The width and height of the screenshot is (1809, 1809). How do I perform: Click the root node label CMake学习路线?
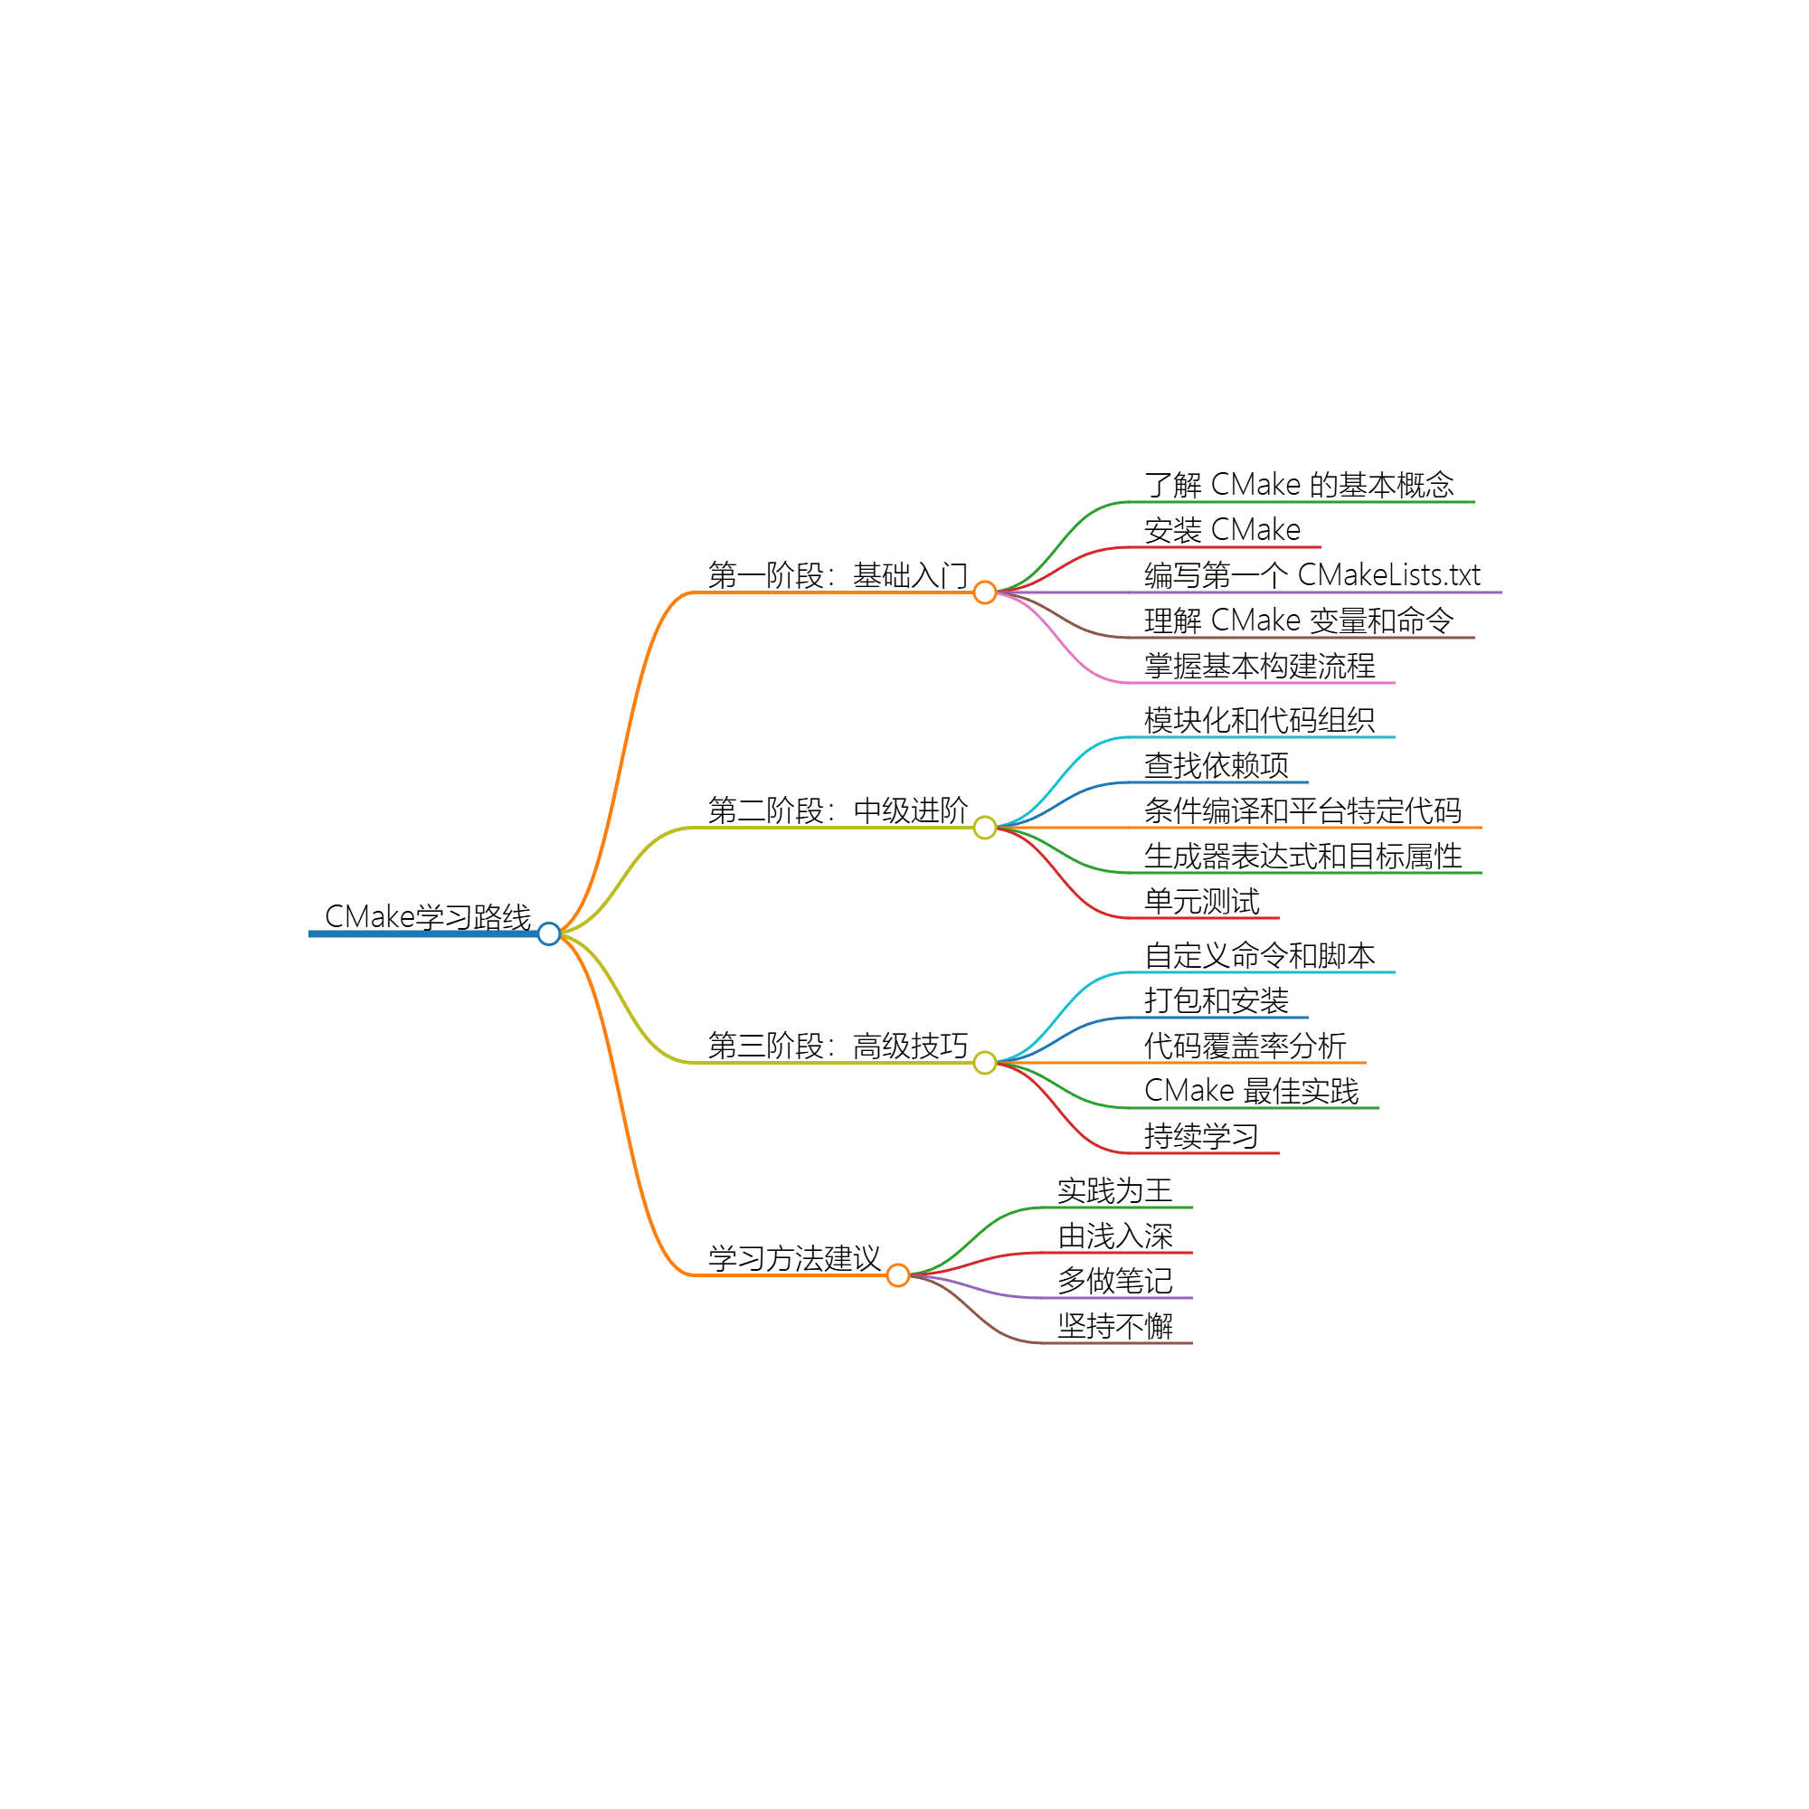point(427,916)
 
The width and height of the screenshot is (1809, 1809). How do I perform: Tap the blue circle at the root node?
point(550,933)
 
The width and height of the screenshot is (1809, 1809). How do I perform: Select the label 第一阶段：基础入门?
point(837,575)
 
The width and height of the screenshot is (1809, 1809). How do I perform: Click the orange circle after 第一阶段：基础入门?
point(984,592)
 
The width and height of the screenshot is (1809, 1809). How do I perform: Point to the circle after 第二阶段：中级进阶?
point(984,827)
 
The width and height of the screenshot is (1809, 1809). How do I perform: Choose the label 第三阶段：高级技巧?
point(837,1045)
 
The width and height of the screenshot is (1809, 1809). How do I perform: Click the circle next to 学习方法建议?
point(897,1274)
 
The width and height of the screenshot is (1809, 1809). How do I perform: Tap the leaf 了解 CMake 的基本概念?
point(1298,485)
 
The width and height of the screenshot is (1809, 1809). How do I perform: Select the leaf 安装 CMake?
point(1222,530)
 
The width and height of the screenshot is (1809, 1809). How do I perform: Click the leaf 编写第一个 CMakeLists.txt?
point(1311,575)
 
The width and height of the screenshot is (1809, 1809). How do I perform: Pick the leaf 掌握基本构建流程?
point(1259,666)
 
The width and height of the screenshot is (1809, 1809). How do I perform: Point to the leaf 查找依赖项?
point(1216,765)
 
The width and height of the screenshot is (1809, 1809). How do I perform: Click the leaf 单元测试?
point(1201,901)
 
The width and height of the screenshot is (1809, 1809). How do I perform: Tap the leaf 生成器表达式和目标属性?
point(1302,856)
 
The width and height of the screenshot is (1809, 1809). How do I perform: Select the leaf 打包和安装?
point(1216,1000)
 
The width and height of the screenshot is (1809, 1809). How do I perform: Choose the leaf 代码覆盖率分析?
point(1245,1045)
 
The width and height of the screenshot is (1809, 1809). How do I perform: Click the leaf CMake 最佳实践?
point(1251,1091)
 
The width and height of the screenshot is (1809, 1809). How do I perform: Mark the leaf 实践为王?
point(1114,1190)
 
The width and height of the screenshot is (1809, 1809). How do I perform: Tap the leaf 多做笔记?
point(1114,1280)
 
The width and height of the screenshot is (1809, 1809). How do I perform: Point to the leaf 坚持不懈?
point(1114,1326)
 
